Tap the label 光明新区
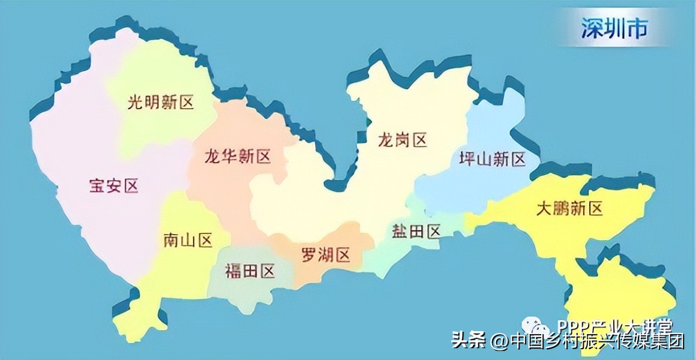(161, 103)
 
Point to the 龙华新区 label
(237, 157)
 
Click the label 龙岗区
(402, 141)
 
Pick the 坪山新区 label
(491, 159)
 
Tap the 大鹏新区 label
(569, 208)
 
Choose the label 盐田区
(416, 230)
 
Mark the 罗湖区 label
(325, 255)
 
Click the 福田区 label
(250, 271)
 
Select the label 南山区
(188, 241)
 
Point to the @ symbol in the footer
(499, 342)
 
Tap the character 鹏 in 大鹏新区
(569, 208)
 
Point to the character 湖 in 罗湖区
(325, 255)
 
